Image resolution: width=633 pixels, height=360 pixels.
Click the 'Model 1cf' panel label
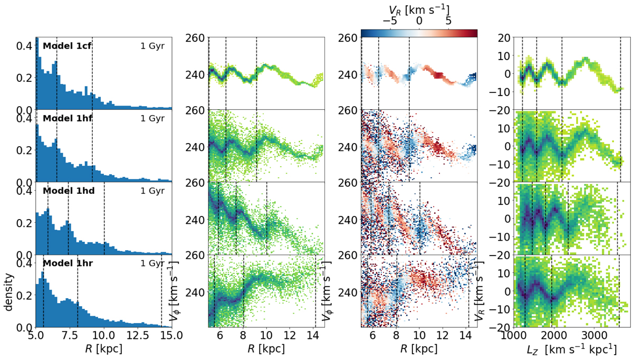tap(67, 45)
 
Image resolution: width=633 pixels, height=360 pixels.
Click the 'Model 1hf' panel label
tap(68, 118)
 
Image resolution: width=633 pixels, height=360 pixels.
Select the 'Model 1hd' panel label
tap(69, 191)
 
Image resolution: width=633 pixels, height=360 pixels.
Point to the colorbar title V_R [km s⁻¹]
tap(420, 8)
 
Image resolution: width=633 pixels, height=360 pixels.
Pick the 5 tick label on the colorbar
tap(449, 21)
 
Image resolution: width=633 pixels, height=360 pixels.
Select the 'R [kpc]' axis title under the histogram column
tap(103, 349)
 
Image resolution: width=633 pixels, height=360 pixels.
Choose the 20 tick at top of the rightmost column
tap(501, 37)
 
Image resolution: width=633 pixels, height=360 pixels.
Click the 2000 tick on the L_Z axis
tap(553, 336)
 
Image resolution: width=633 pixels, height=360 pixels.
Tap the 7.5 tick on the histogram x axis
tap(69, 336)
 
